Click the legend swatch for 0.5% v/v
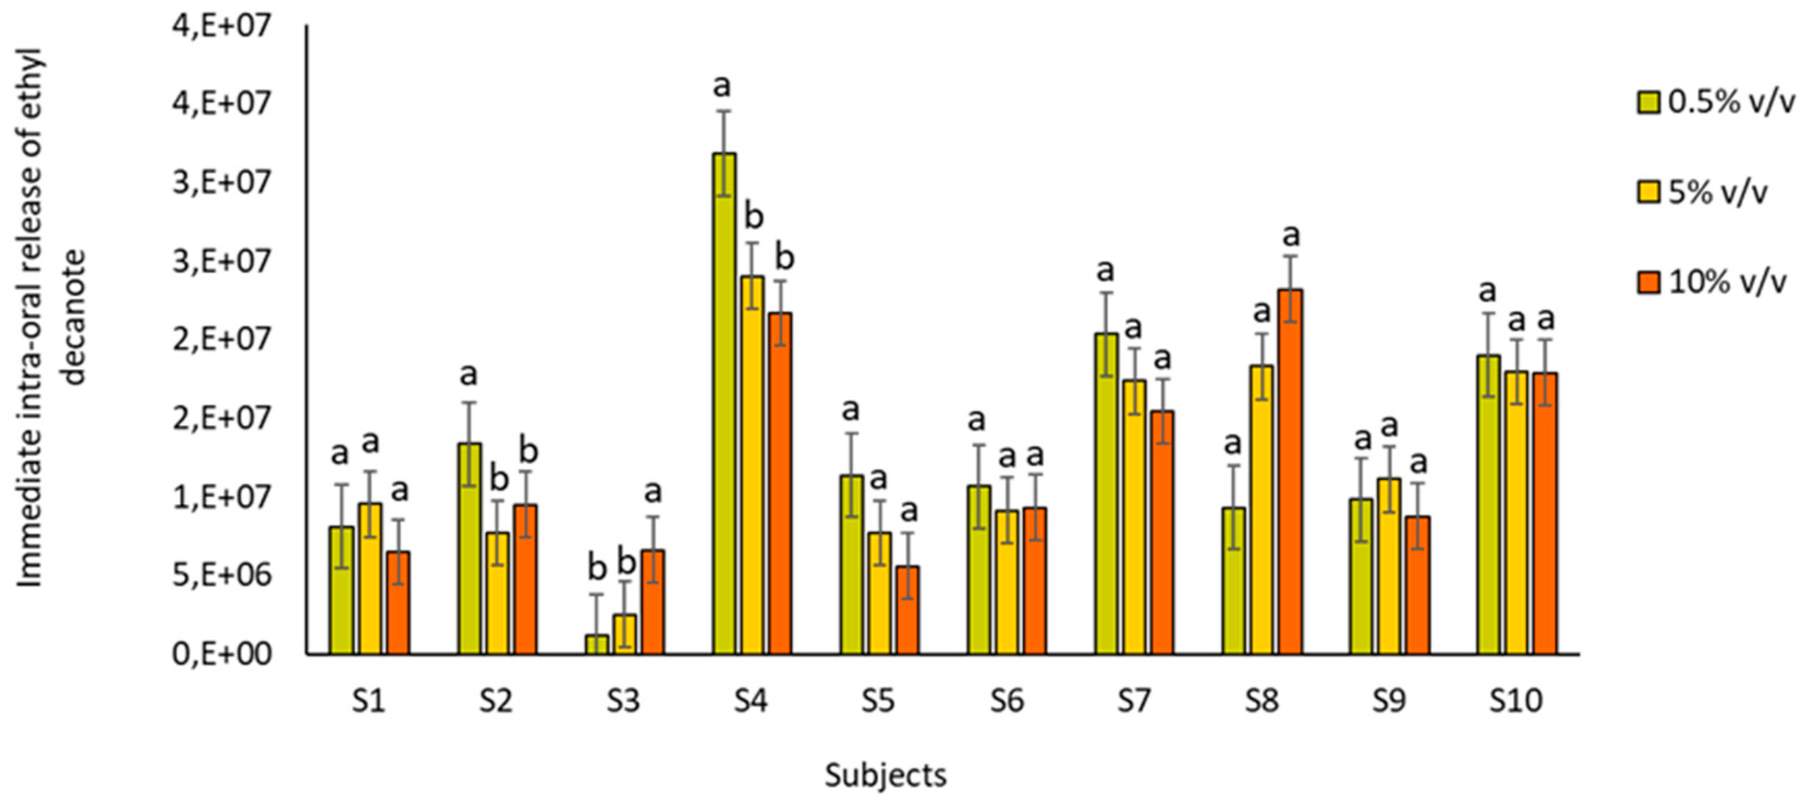(x=1648, y=102)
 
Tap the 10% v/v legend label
(x=1727, y=282)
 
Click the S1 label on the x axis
(x=369, y=700)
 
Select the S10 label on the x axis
(x=1515, y=700)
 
